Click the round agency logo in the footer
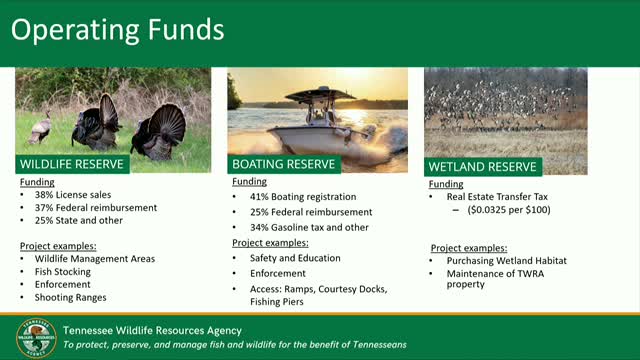pos(36,337)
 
